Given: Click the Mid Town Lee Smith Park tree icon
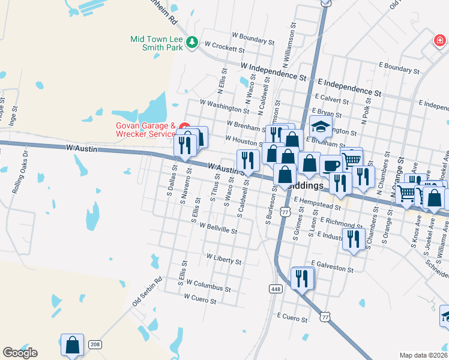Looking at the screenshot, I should click(192, 42).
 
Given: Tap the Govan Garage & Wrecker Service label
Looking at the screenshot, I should click(145, 130).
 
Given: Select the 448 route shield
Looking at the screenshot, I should click(274, 289).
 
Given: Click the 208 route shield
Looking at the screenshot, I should click(95, 344).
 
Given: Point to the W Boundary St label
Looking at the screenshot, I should click(252, 40).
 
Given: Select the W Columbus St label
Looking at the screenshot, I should click(208, 285).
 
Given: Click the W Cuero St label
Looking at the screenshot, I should click(204, 297).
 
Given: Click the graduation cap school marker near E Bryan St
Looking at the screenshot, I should click(321, 127).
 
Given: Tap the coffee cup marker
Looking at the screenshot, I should click(330, 165).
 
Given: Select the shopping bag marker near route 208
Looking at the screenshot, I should click(72, 345).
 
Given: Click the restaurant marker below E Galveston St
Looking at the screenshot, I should click(302, 278).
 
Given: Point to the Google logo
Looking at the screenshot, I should click(20, 353).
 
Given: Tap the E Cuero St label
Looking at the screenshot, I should click(293, 314).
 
